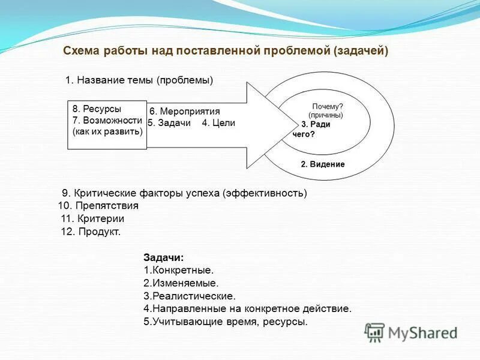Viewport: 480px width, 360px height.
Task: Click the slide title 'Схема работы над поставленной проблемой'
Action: [x=226, y=51]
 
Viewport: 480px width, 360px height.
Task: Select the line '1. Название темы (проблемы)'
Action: [x=139, y=80]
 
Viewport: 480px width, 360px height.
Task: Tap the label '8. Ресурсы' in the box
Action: [x=97, y=109]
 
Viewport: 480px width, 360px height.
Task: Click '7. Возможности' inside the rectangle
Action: [x=107, y=120]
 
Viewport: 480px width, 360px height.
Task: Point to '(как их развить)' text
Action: [x=107, y=131]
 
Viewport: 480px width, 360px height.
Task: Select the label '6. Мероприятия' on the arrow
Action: [x=185, y=112]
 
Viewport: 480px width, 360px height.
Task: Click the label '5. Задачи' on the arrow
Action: [x=169, y=123]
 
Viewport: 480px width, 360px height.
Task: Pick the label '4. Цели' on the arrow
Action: [x=218, y=123]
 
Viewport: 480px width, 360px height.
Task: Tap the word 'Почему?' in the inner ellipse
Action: [x=328, y=106]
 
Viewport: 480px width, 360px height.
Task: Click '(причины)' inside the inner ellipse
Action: [x=326, y=115]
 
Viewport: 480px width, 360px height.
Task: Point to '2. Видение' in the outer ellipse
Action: [x=323, y=164]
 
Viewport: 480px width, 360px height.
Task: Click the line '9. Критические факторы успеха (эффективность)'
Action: [x=184, y=193]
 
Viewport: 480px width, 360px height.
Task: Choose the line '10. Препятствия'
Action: [x=98, y=205]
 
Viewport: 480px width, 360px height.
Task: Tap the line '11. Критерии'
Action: [x=92, y=218]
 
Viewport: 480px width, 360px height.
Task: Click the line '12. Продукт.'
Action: [x=91, y=232]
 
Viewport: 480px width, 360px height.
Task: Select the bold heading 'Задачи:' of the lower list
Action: [x=159, y=257]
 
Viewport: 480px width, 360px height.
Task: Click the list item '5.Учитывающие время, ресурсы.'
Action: [x=226, y=322]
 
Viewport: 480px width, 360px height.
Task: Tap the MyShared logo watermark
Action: [x=412, y=332]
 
